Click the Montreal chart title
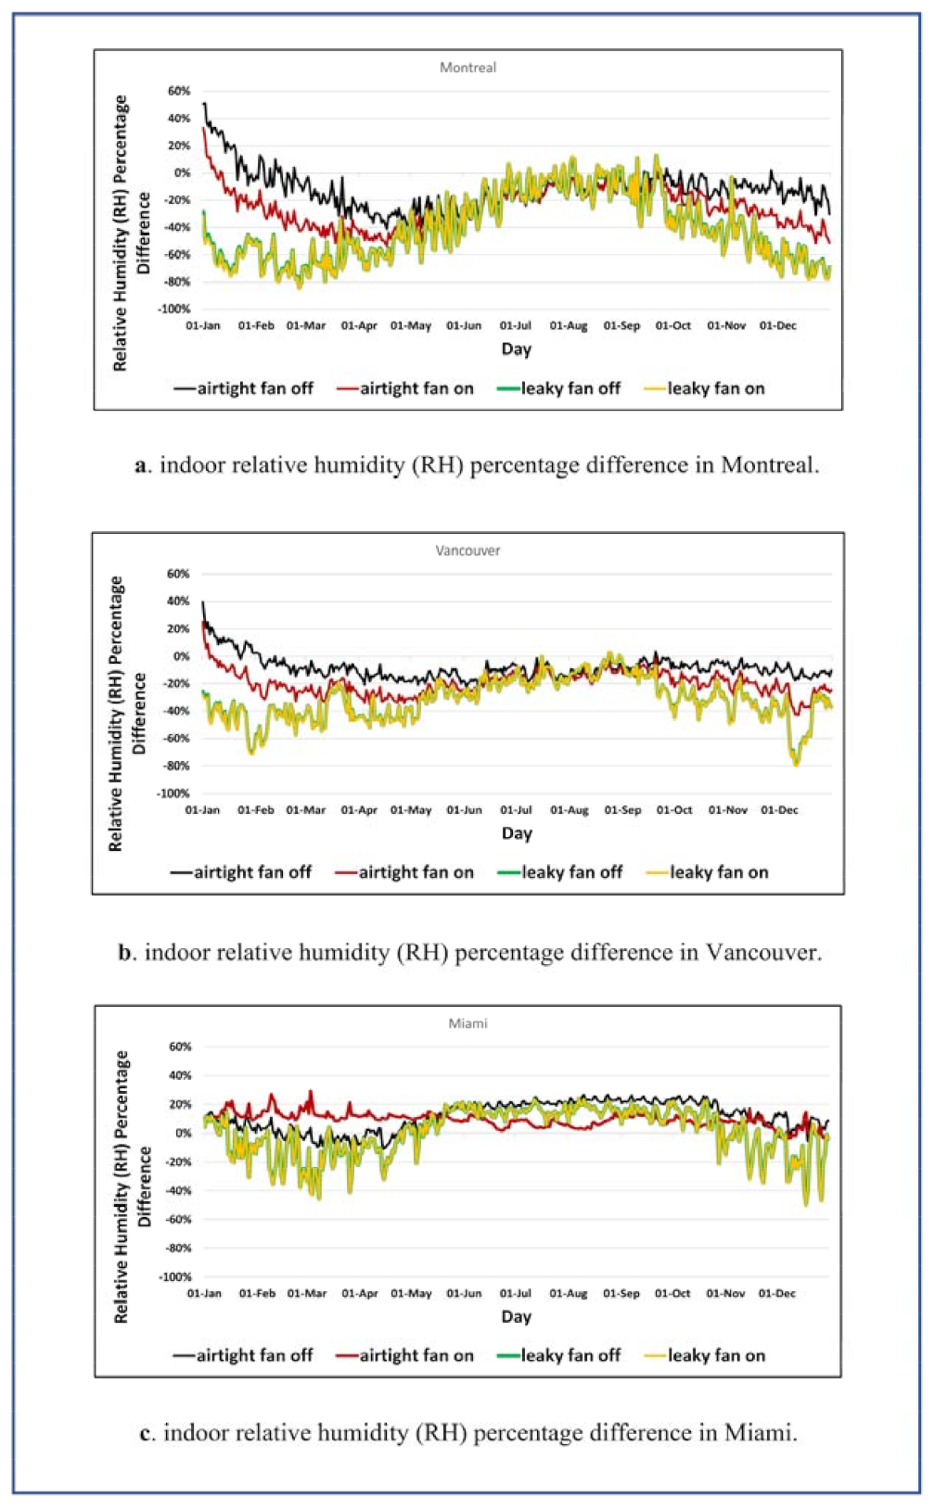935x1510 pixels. pos(467,68)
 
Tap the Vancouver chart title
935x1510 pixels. pos(467,551)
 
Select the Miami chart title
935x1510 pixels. pos(467,1023)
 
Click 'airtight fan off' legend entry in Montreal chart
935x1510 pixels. pos(244,388)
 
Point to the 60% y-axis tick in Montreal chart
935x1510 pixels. pos(179,91)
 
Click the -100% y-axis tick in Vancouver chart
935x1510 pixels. pos(173,793)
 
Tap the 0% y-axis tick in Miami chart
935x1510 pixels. pos(183,1133)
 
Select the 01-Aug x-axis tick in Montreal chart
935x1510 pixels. pos(569,326)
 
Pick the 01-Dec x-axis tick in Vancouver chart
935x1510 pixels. pos(779,810)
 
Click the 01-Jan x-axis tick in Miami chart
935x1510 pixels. pos(204,1293)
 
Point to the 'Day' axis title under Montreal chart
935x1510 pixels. pos(517,349)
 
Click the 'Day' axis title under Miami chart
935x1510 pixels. pos(517,1316)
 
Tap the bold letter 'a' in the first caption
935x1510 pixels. pos(141,465)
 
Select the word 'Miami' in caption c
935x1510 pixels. pos(758,1433)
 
